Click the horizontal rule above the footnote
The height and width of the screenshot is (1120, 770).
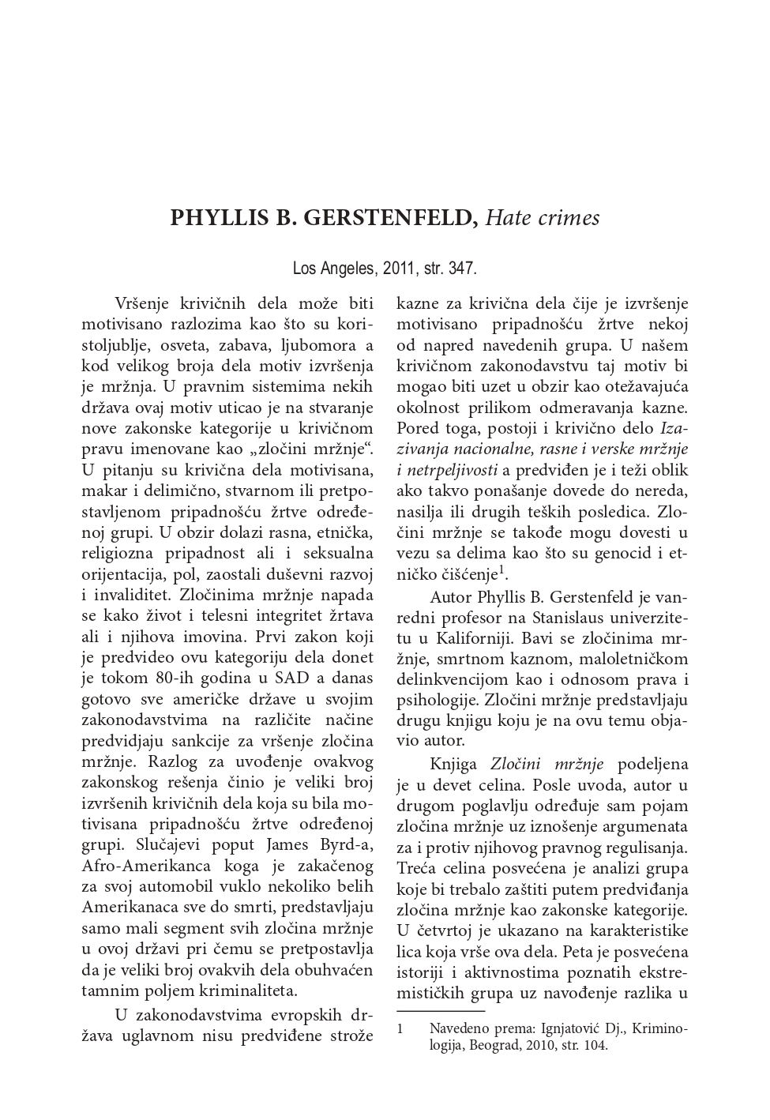click(441, 1011)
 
